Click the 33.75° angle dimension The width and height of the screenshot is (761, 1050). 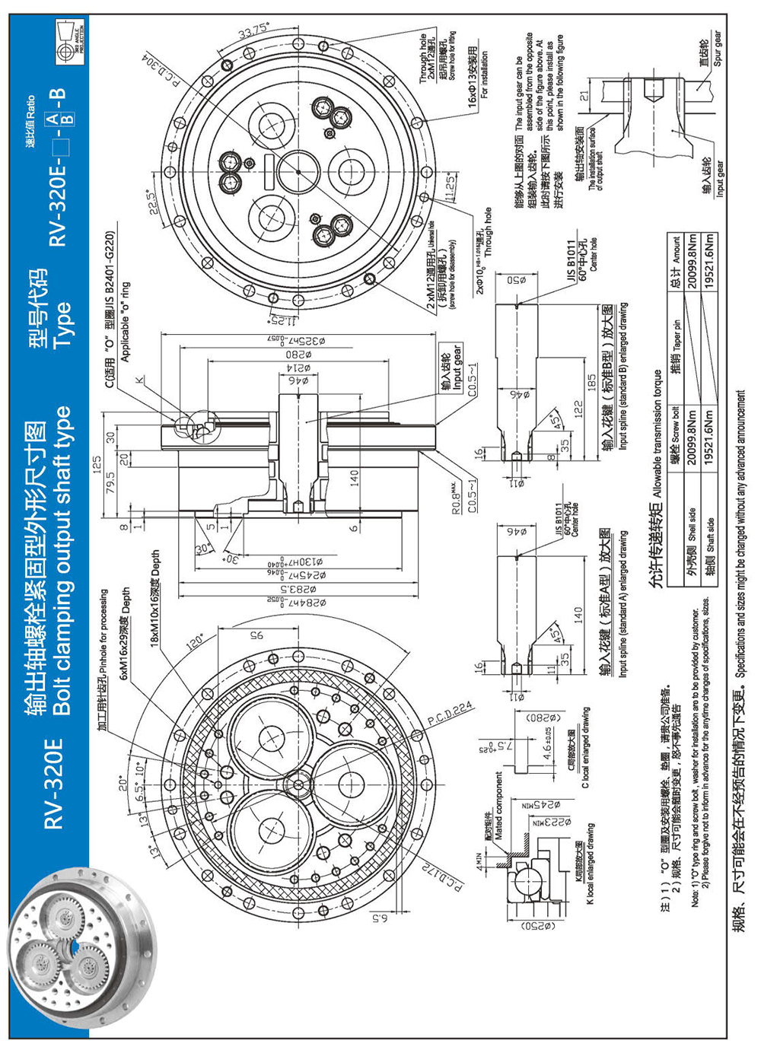(x=253, y=33)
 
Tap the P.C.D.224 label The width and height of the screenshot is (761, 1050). (x=451, y=714)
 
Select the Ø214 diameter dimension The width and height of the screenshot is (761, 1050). (x=298, y=368)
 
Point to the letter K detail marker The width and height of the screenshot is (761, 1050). (x=139, y=378)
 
